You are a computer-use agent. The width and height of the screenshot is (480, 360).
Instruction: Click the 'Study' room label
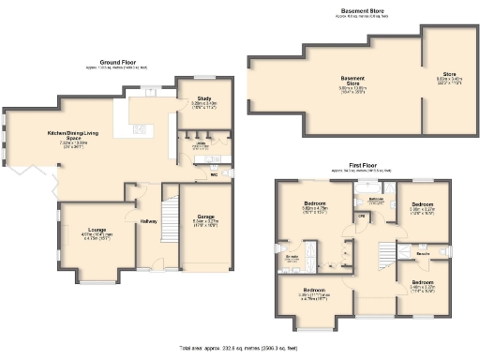pos(203,97)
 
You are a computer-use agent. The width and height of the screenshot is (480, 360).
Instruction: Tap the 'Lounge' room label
pos(96,229)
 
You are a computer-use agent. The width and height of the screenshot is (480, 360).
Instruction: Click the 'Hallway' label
pos(149,221)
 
